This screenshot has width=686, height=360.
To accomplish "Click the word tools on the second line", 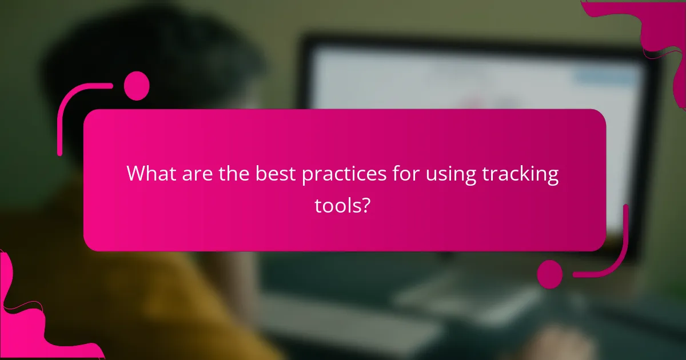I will coord(337,206).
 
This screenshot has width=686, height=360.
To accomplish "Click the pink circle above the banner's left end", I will coord(137,86).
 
